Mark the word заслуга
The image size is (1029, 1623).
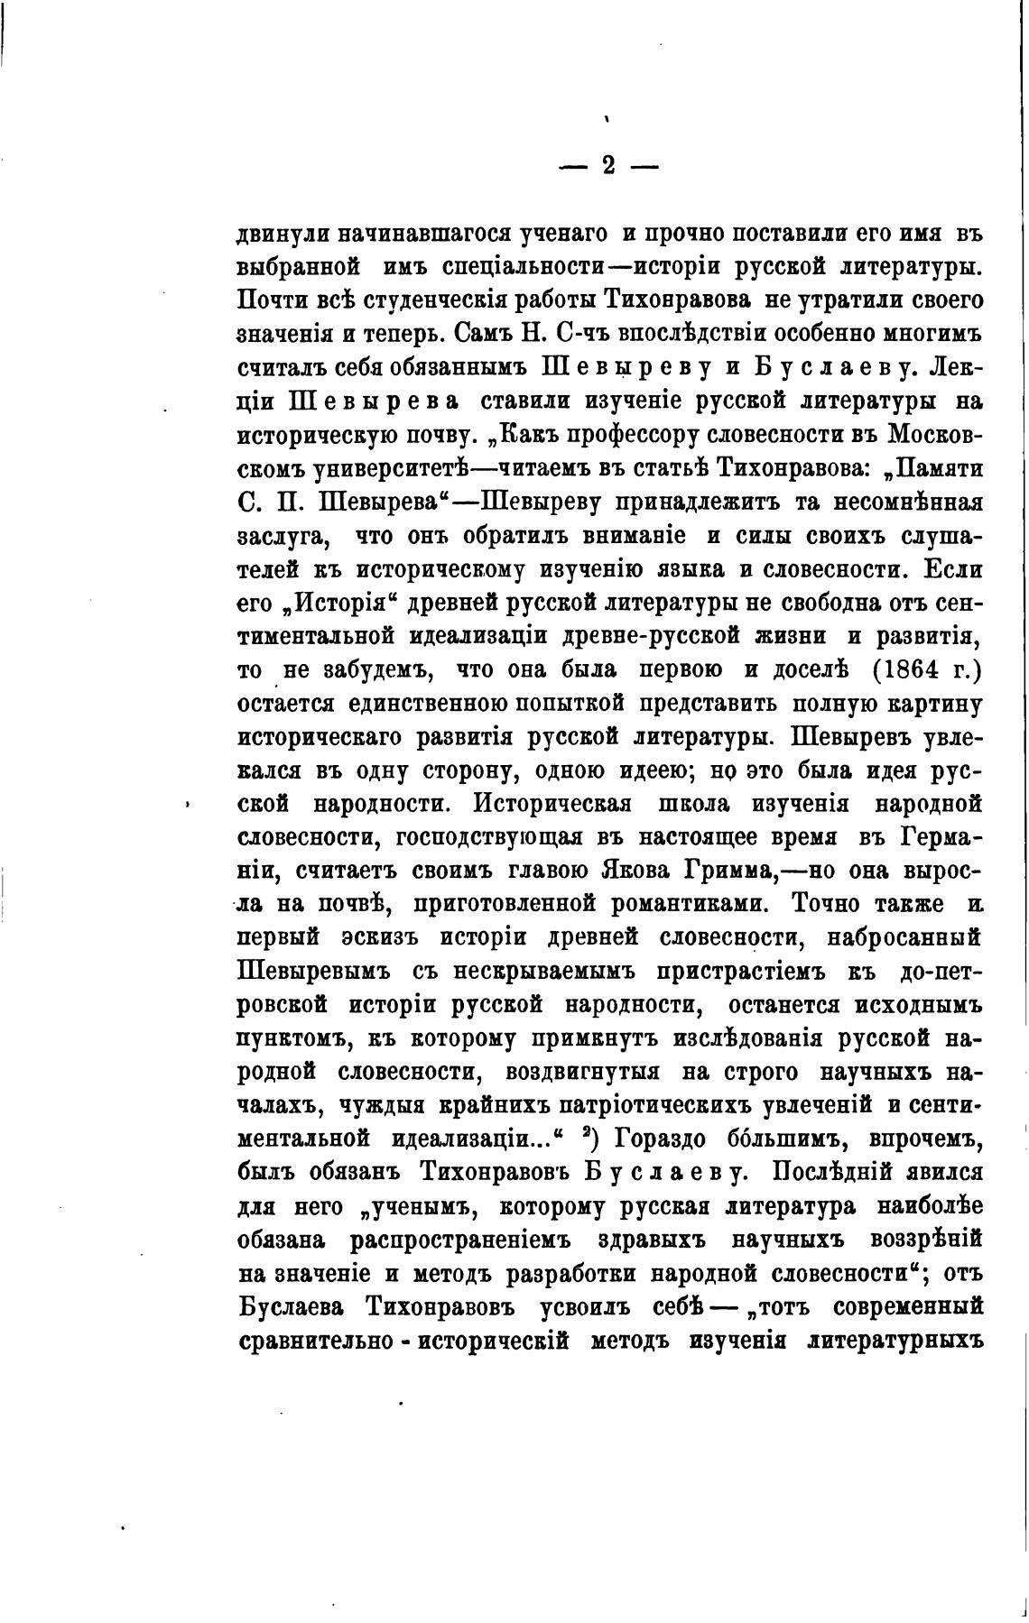pyautogui.click(x=280, y=536)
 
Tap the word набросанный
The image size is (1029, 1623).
pyautogui.click(x=904, y=937)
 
